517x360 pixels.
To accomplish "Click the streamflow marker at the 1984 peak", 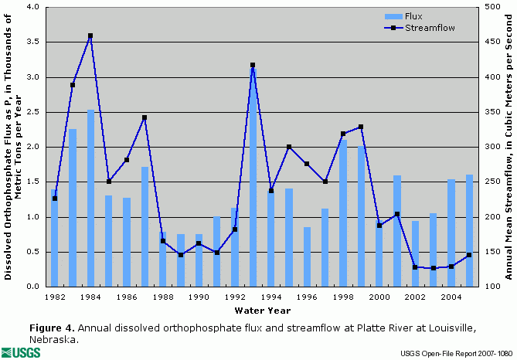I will pyautogui.click(x=90, y=36).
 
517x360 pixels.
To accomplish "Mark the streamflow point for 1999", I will pyautogui.click(x=361, y=127).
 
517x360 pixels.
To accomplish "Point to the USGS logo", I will pyautogui.click(x=23, y=352).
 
